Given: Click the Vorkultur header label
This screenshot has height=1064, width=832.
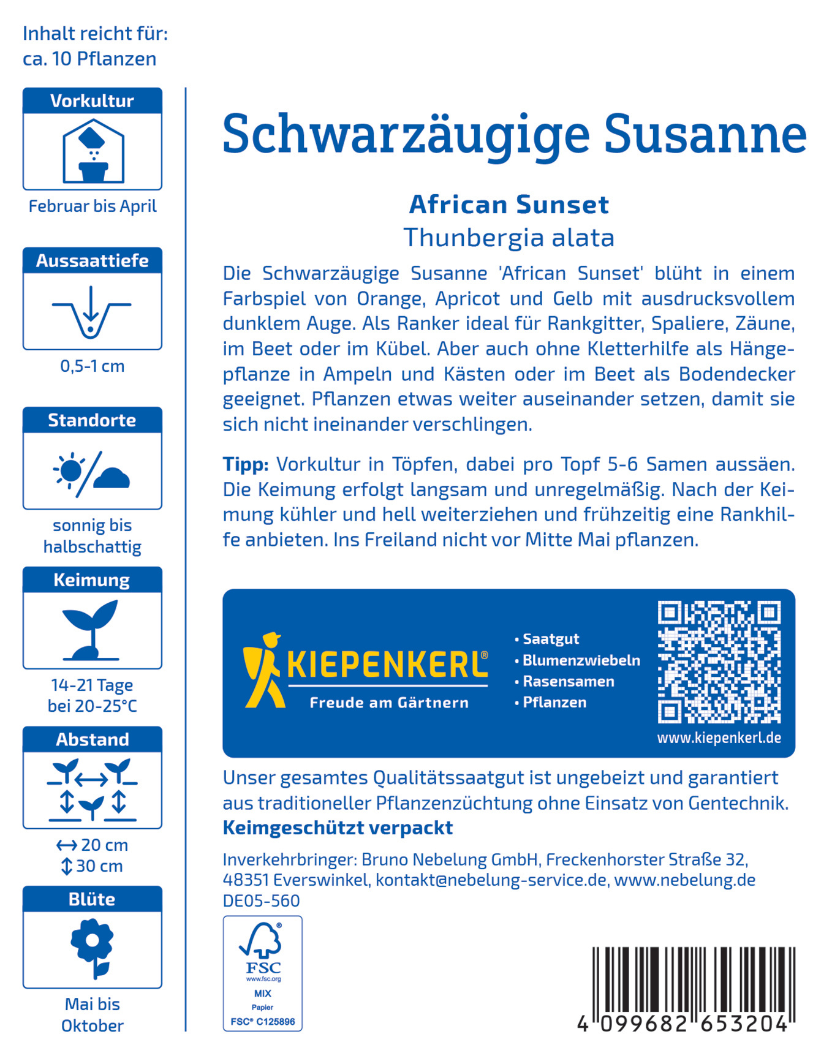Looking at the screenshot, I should [92, 101].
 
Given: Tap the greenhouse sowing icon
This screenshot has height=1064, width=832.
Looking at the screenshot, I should [93, 151].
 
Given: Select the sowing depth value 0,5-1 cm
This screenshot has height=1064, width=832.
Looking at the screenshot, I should [92, 366].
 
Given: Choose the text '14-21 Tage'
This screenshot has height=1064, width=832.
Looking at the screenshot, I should [92, 685].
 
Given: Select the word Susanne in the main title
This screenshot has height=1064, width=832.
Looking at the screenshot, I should [705, 135].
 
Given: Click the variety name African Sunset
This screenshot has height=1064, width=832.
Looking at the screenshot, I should [509, 205].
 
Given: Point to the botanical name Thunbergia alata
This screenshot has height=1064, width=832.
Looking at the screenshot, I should [509, 238].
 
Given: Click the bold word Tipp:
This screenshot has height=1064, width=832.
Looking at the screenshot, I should [246, 464].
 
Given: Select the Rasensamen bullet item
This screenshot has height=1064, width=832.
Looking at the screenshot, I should [568, 681].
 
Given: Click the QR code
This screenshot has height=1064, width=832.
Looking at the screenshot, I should [719, 662].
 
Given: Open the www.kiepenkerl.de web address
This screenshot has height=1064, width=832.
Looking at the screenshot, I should [719, 738].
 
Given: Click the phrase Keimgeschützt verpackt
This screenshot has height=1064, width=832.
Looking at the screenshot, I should [338, 828].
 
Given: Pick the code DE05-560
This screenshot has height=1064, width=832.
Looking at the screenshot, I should [261, 900].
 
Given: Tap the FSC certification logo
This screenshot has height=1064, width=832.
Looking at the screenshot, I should [263, 973].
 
